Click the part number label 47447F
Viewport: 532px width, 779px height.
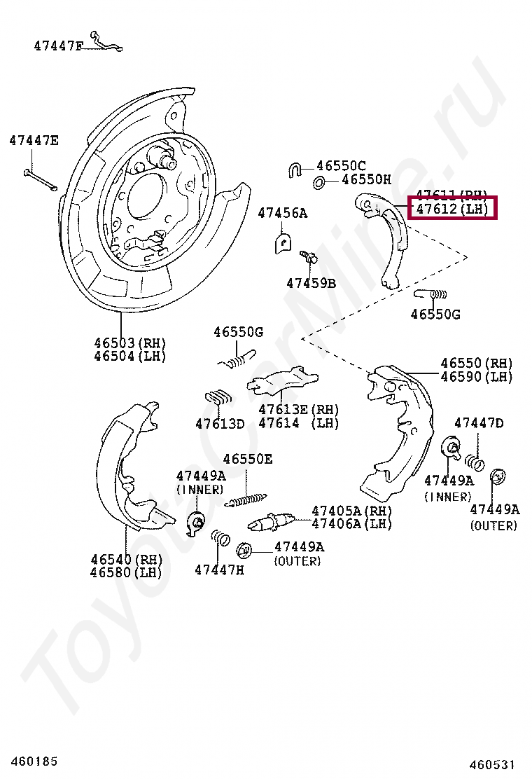[x=58, y=46]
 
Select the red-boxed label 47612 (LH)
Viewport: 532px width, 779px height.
[x=451, y=209]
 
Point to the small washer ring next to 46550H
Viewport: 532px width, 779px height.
[x=319, y=183]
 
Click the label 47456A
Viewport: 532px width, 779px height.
[x=282, y=212]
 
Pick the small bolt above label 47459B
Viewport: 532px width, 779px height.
[x=309, y=258]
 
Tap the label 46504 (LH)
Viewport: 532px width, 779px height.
[x=130, y=356]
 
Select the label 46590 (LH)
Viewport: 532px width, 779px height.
[x=476, y=377]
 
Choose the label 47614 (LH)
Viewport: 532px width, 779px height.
[x=298, y=423]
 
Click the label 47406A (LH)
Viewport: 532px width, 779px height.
[x=351, y=524]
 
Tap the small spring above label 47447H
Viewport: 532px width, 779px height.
[x=220, y=538]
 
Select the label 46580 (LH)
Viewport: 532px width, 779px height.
[x=126, y=572]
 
